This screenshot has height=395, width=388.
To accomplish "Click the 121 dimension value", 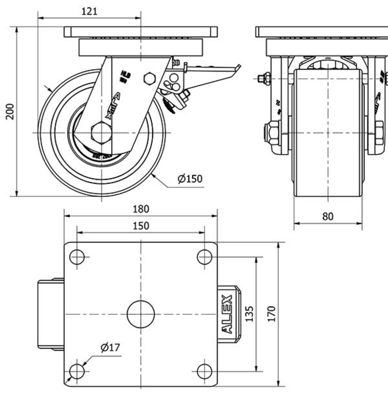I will (89, 11).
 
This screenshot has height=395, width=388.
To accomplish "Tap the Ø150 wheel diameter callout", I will (190, 179).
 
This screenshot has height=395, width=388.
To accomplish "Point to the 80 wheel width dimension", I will (328, 217).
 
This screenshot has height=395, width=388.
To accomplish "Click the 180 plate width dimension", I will (141, 209).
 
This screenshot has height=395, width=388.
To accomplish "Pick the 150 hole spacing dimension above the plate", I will (141, 226).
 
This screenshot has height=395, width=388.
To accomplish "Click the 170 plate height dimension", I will (271, 314).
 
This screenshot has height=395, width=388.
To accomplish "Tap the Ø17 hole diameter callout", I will (110, 348).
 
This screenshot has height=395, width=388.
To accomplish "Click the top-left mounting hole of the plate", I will (77, 257).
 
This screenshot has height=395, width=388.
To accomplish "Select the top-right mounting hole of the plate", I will (204, 257).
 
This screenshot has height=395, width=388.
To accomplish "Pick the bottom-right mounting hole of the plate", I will (204, 371).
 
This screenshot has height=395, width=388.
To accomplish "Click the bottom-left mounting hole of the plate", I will (77, 371).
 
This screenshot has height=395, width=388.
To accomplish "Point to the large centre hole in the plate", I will (141, 314).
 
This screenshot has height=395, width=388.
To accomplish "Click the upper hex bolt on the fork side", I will (149, 78).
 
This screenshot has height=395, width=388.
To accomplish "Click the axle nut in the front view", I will (271, 133).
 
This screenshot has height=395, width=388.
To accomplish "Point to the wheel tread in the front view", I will (328, 149).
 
